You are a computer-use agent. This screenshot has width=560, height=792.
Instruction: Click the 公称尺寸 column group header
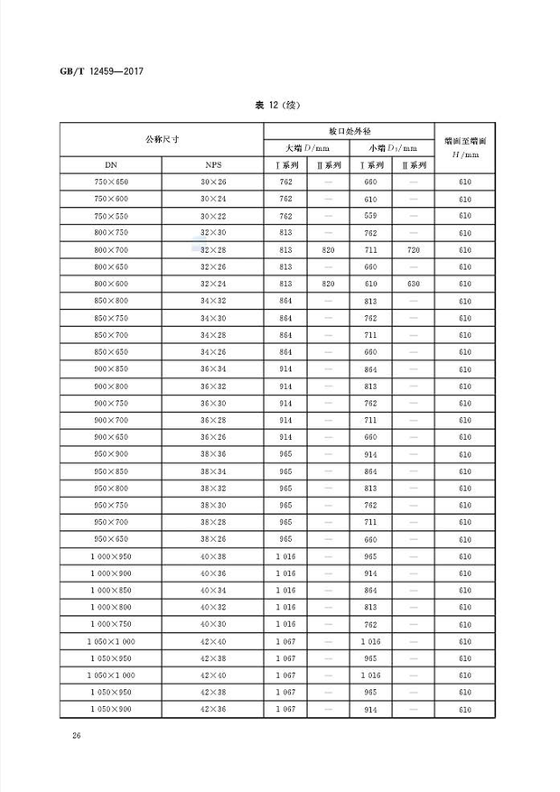162,139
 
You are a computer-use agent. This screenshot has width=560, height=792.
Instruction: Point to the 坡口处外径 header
349,131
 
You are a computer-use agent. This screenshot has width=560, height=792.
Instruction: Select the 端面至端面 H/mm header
466,148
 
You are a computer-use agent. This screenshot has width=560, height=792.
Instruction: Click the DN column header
111,165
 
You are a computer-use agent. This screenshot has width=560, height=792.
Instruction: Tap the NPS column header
212,165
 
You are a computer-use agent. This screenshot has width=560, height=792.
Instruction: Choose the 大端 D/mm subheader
306,148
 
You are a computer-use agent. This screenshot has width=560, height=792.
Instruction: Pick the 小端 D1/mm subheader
391,148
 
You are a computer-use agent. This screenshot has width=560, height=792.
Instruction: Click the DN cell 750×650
111,182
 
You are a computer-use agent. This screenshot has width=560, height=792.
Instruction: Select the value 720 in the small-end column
413,250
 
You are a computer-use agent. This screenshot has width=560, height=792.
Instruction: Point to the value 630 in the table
413,284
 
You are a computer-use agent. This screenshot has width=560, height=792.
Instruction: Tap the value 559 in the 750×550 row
370,217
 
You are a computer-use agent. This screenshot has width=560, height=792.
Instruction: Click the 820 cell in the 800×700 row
328,250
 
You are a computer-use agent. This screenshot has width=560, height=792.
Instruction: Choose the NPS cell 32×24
212,284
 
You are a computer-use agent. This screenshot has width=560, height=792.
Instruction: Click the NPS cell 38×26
212,540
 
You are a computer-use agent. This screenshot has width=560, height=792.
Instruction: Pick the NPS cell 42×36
212,710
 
